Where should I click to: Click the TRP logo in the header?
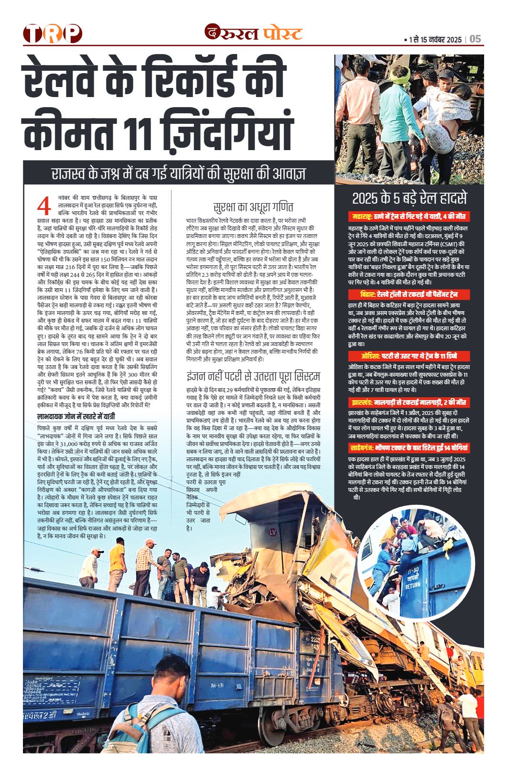53,33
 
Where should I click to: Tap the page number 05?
475,39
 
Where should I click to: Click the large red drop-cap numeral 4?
44,207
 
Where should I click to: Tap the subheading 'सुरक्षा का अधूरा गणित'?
253,207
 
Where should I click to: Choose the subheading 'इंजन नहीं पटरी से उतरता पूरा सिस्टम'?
253,376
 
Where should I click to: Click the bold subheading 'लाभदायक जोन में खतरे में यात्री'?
76,416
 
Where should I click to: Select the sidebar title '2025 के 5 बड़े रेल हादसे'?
409,198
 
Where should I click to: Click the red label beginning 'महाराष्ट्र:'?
409,216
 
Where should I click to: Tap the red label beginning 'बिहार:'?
409,294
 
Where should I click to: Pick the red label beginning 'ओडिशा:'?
409,356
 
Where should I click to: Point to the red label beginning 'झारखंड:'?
409,402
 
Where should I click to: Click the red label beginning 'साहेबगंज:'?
409,448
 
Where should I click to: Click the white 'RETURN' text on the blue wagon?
413,586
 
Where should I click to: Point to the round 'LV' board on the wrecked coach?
273,533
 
